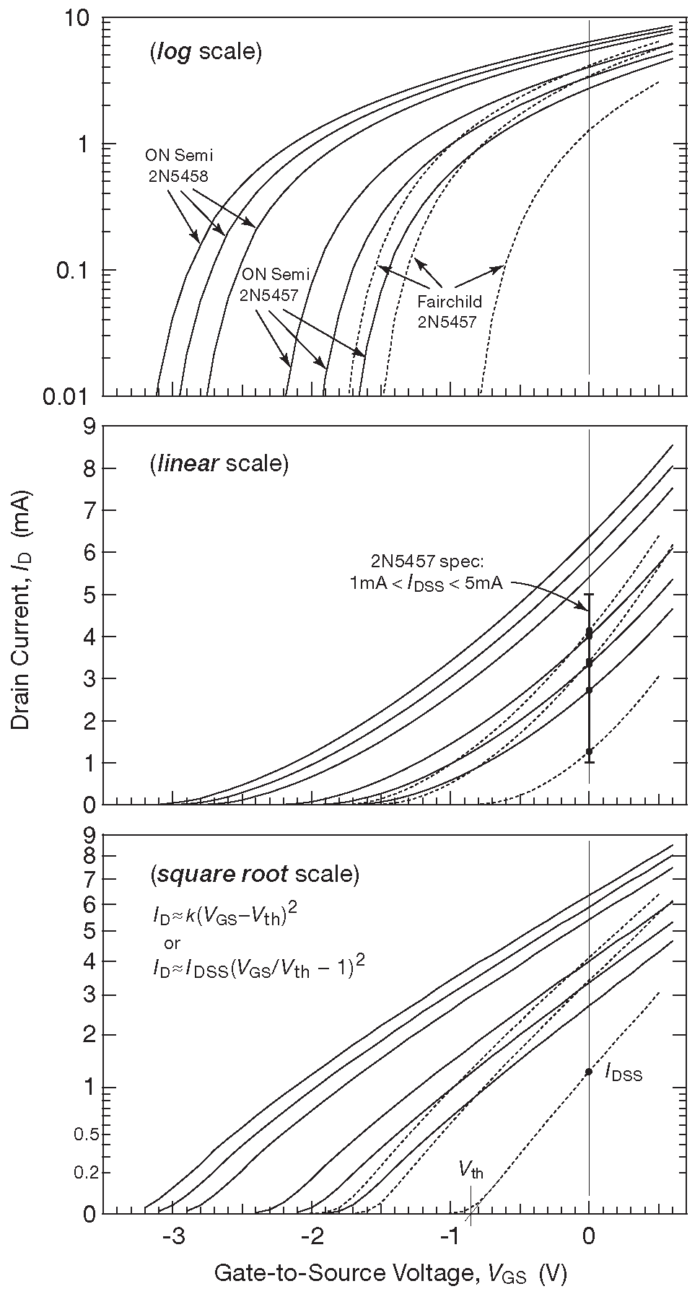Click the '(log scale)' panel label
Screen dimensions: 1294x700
pos(205,52)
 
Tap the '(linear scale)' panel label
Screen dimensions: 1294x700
pos(219,463)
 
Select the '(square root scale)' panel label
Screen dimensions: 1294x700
pos(254,875)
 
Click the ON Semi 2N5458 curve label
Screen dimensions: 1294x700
pos(179,165)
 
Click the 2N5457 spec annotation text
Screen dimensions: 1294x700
pos(426,572)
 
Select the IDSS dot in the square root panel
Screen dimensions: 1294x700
pos(589,1072)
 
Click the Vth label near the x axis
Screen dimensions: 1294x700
pos(471,1170)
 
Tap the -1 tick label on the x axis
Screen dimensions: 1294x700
pos(449,1234)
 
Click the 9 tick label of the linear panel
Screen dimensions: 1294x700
pos(89,427)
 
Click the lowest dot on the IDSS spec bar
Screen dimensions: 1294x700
pos(589,751)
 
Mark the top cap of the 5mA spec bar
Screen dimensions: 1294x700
pos(589,595)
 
